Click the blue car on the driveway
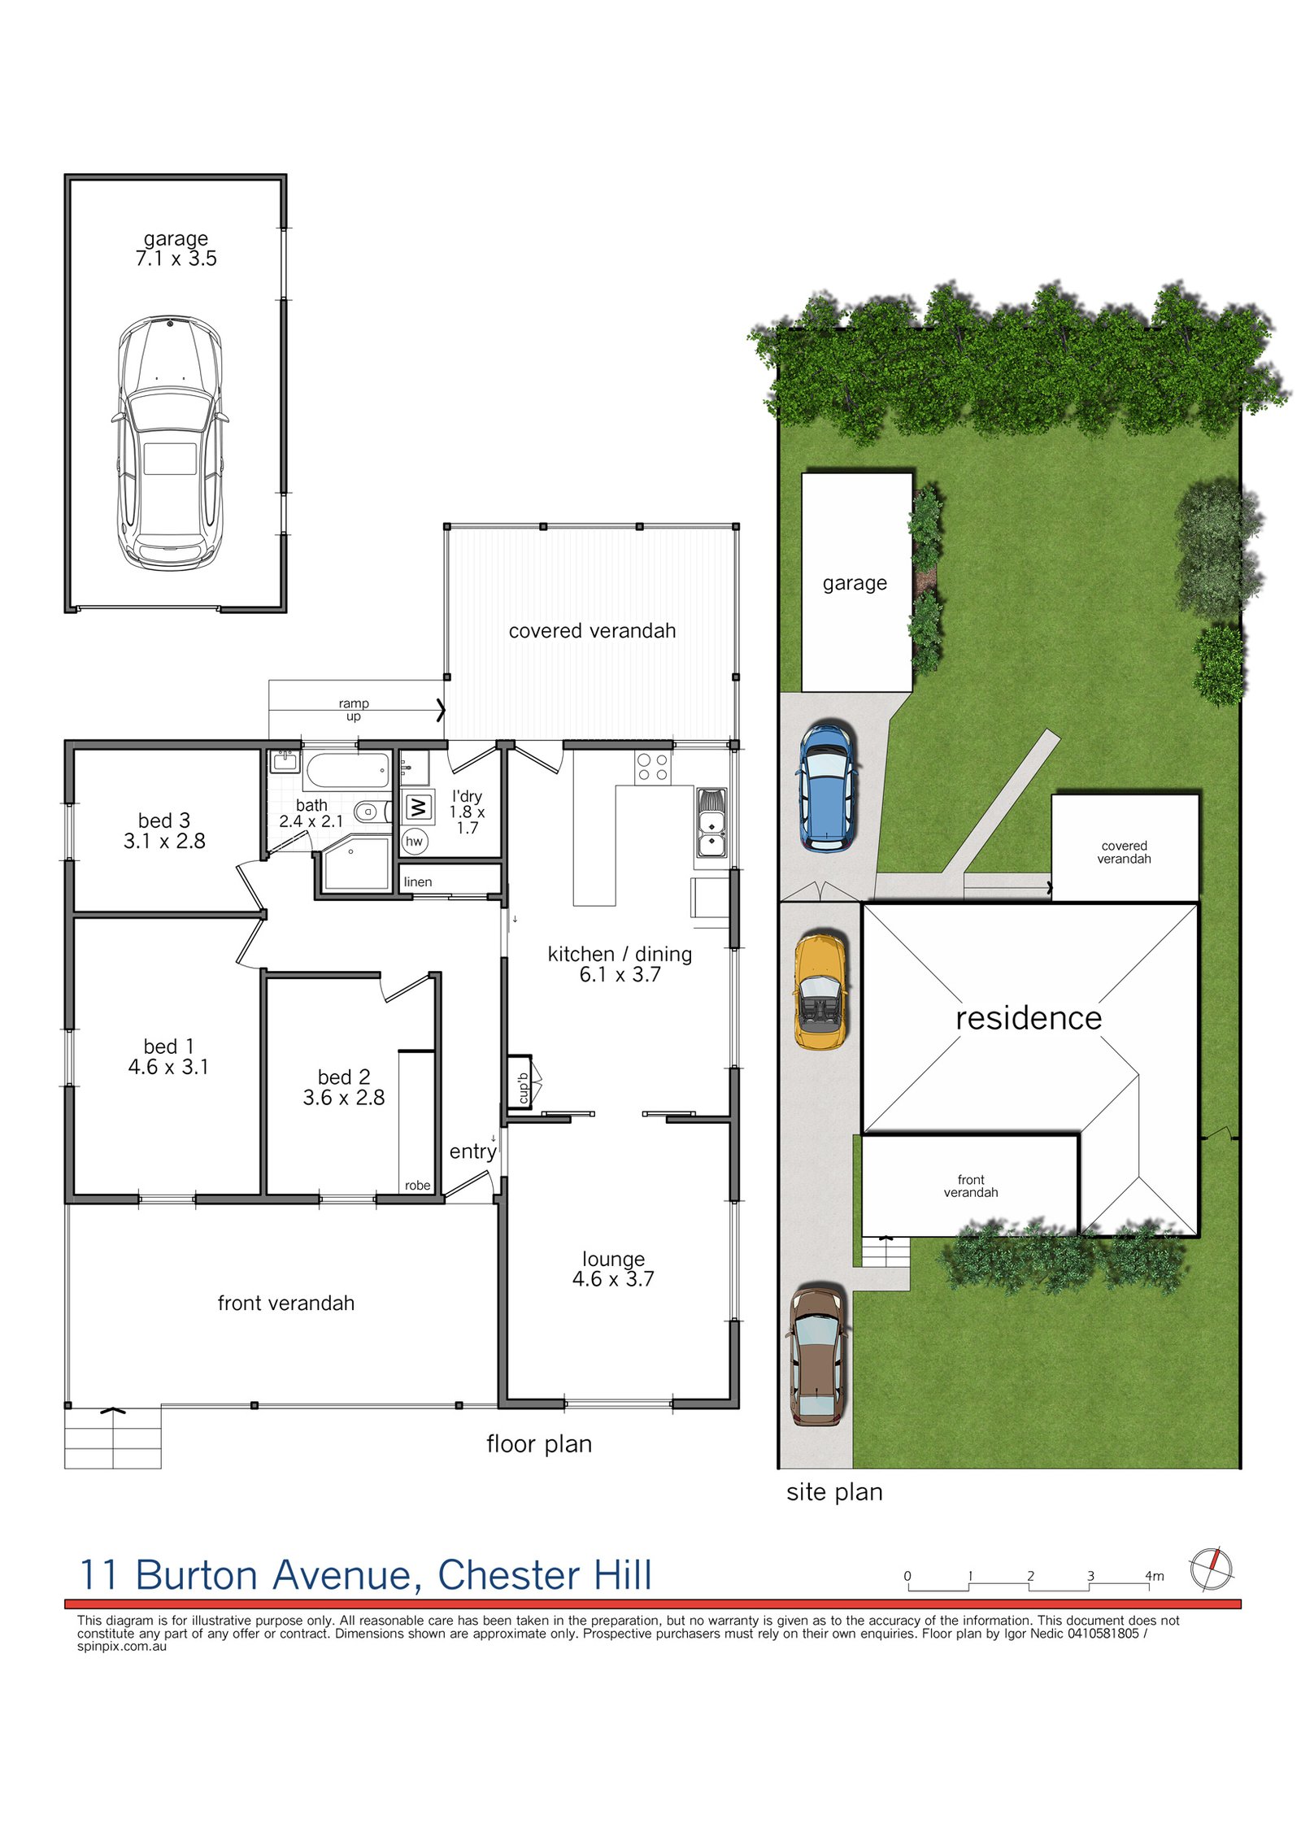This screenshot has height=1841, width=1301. (x=827, y=787)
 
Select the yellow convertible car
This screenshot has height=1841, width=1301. (x=820, y=992)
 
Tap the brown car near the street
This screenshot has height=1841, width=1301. (x=817, y=1355)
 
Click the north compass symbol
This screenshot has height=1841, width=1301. (x=1211, y=1569)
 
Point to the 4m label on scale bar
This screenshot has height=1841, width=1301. (x=1154, y=1576)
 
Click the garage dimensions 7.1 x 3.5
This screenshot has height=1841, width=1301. (x=176, y=259)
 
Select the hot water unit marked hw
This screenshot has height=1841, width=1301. (x=414, y=841)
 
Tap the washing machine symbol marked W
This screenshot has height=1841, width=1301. (x=418, y=807)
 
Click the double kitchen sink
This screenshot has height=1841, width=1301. (x=711, y=822)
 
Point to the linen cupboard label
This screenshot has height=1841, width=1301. (x=418, y=881)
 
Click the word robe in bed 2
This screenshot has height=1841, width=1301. (x=417, y=1185)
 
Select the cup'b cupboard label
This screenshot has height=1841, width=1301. (x=523, y=1088)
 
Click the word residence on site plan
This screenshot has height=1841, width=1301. (x=1028, y=1018)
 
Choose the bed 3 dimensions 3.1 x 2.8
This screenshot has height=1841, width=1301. (x=164, y=841)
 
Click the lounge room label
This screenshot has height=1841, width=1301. (x=613, y=1259)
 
